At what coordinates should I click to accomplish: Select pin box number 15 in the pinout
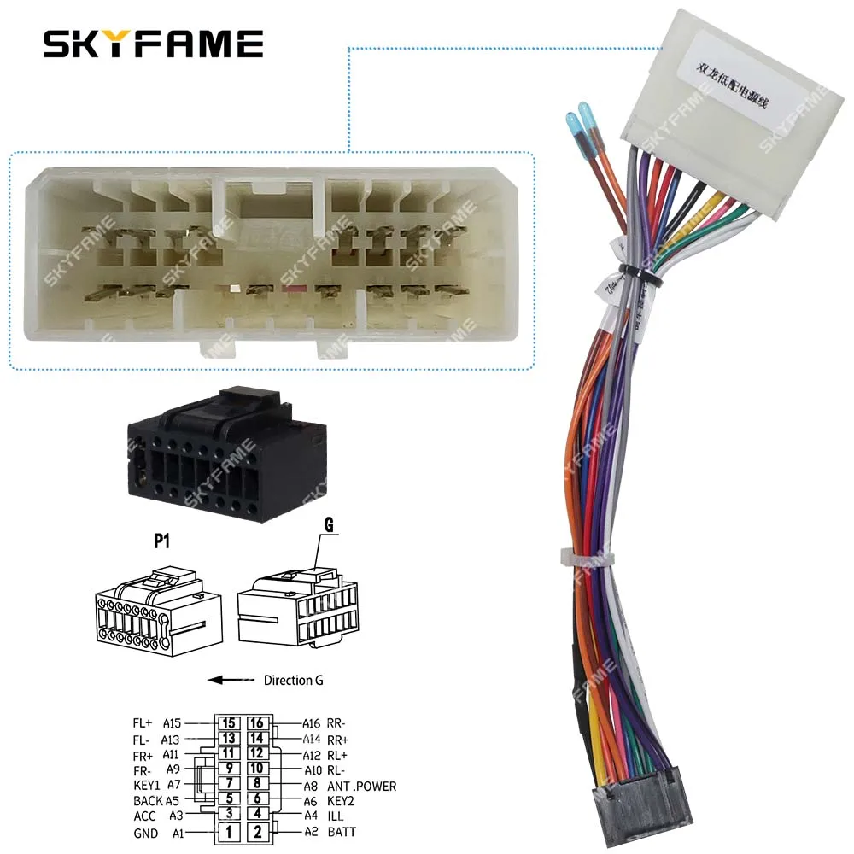229,723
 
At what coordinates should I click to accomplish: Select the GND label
145,833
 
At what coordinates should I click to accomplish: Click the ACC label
145,816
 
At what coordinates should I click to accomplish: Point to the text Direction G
293,681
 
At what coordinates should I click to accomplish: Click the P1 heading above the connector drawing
163,539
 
